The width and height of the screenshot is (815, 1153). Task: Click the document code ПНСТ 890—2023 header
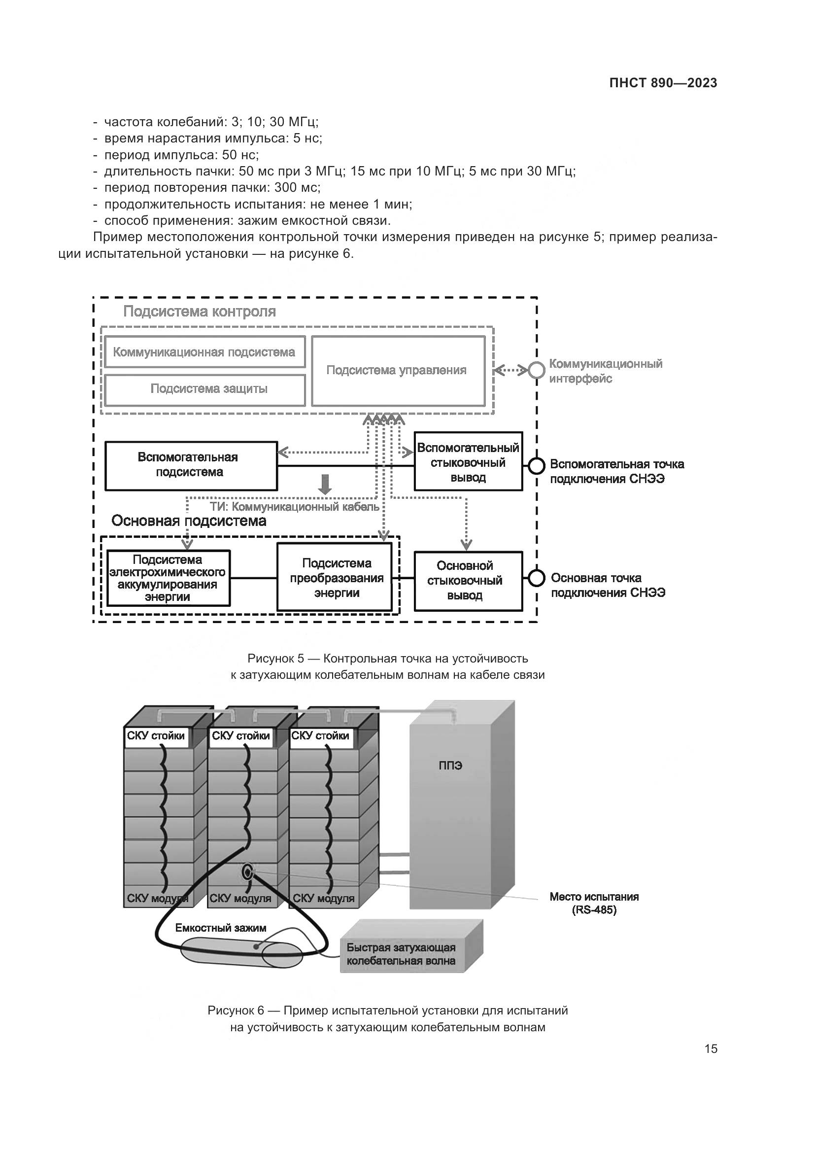663,83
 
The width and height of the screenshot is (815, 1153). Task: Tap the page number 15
711,1048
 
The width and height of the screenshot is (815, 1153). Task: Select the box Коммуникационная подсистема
204,352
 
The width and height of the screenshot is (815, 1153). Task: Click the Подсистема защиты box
204,388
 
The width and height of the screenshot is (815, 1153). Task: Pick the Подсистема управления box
398,371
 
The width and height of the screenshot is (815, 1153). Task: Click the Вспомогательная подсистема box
191,465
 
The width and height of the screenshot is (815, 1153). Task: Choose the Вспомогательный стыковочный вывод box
468,461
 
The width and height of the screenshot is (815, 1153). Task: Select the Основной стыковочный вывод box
468,581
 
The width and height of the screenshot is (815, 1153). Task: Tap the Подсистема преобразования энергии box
335,578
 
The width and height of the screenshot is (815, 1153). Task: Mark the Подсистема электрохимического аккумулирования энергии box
168,578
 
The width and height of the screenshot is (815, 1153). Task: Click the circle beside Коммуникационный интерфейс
537,371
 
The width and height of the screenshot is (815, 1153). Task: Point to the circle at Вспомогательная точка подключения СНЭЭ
537,465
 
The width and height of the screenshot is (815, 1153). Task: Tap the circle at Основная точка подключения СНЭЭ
537,578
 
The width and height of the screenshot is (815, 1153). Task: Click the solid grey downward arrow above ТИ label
325,484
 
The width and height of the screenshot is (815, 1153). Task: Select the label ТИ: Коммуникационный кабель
295,507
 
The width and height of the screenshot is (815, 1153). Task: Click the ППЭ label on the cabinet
450,766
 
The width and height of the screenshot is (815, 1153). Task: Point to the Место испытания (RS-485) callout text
594,903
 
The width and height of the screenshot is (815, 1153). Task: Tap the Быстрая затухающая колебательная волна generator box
402,955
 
